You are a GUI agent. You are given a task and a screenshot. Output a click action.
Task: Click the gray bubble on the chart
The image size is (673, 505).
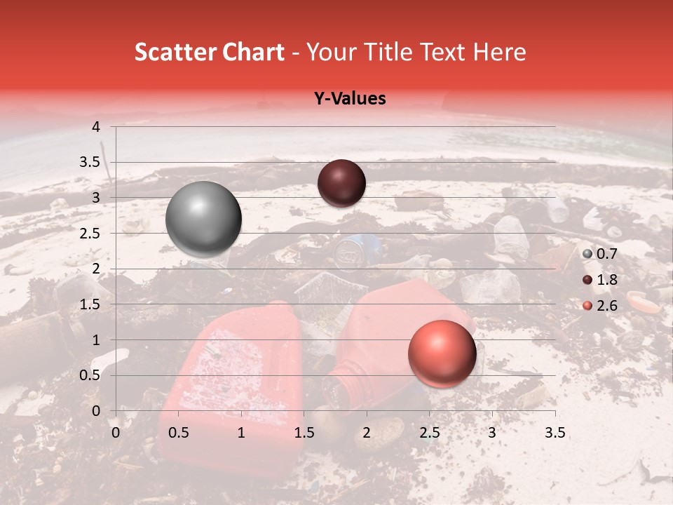[203, 219]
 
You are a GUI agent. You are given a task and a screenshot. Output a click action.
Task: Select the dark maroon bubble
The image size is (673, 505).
[341, 183]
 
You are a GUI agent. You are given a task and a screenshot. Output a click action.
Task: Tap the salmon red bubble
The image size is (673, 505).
[442, 354]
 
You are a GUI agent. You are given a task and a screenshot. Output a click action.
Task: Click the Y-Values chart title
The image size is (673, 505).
[350, 99]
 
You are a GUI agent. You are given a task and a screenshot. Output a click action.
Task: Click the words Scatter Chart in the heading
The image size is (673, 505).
[210, 53]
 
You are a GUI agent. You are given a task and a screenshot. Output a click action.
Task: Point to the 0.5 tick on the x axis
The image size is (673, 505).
[179, 433]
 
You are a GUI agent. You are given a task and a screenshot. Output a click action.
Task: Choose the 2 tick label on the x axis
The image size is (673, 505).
[367, 433]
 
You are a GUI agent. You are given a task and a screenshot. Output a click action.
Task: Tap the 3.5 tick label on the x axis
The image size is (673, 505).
[555, 433]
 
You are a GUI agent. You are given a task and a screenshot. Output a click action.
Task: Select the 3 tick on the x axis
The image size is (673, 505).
[492, 433]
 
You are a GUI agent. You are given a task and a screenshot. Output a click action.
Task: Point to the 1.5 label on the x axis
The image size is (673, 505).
[304, 433]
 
